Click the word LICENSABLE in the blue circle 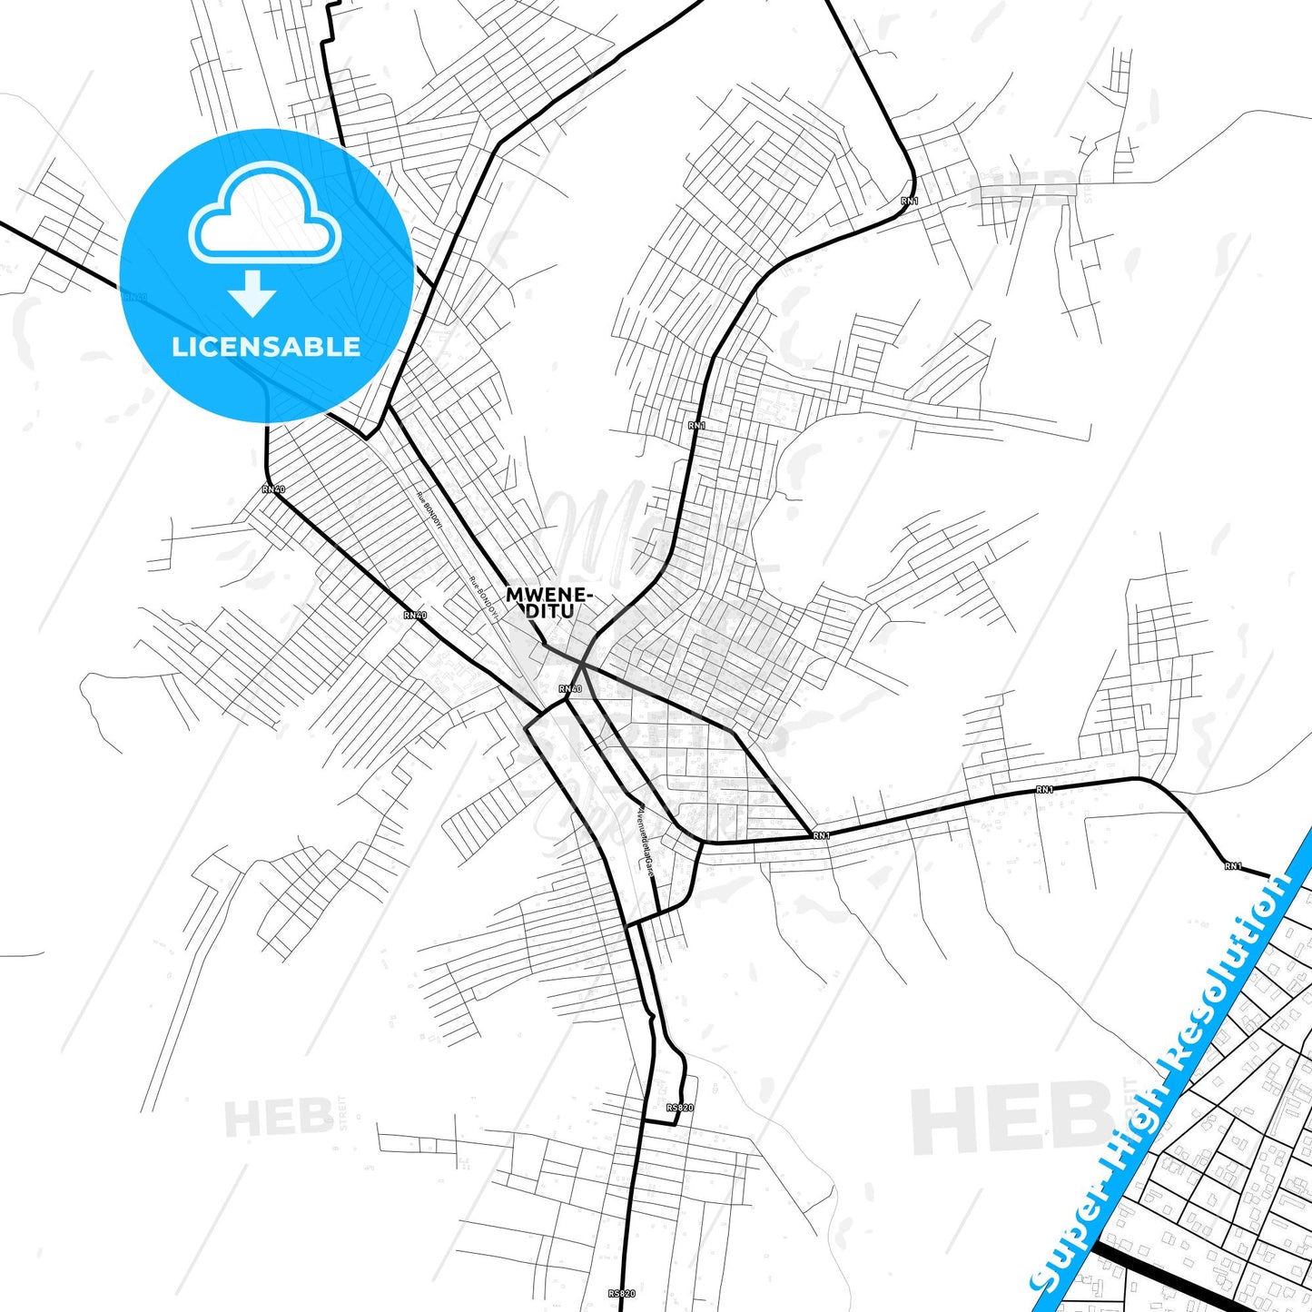click(266, 346)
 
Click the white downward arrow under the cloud click(252, 293)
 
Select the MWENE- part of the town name click(549, 595)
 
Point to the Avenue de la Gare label click(644, 837)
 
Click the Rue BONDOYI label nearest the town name click(483, 597)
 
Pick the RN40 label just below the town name click(569, 689)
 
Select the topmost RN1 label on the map click(909, 200)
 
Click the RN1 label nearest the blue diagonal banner click(1232, 866)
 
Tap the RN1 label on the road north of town click(696, 425)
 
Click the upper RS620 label click(679, 1108)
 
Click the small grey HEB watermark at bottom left click(279, 1118)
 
